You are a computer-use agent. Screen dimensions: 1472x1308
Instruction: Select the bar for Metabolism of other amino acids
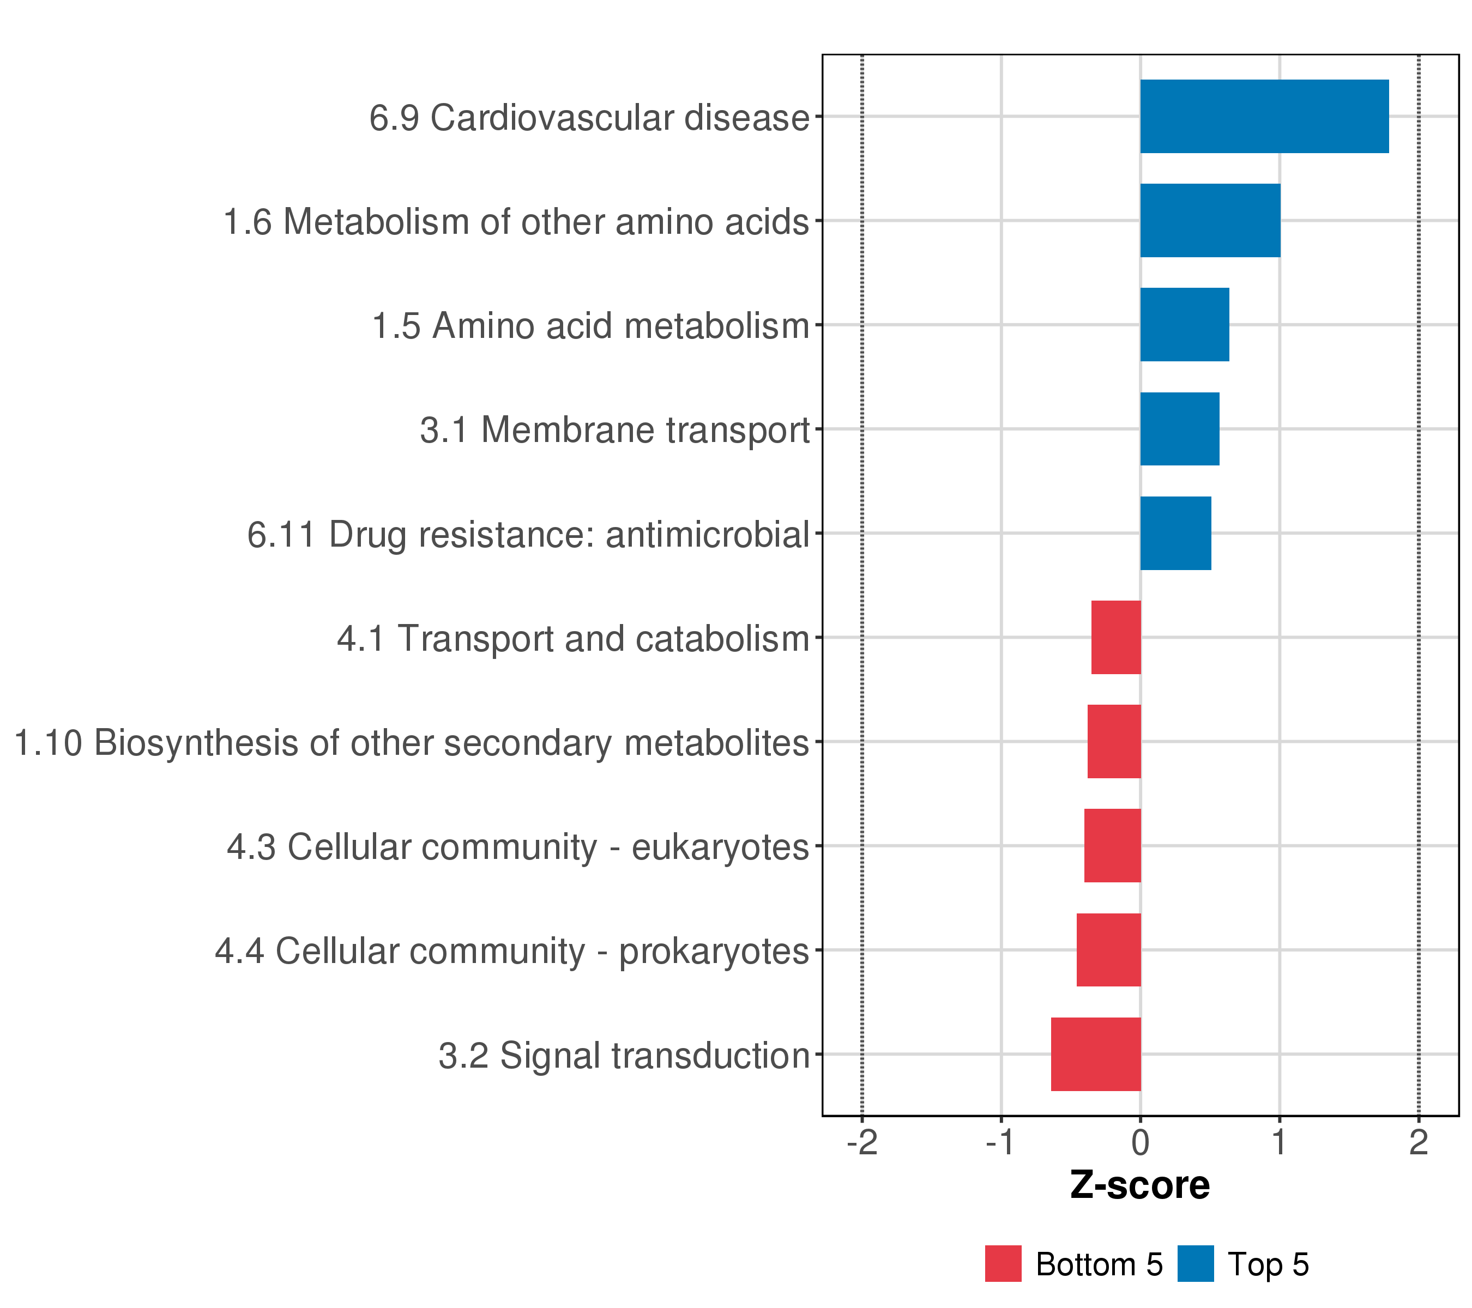1210,220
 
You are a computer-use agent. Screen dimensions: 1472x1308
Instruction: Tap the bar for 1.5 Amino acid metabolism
1184,325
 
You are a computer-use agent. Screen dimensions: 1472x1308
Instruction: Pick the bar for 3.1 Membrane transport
1180,429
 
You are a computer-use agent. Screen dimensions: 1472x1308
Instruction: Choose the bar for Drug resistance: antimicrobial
1175,534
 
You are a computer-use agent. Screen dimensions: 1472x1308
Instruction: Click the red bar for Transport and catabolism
1115,637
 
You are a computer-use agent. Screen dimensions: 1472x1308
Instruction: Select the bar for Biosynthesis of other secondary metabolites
1114,741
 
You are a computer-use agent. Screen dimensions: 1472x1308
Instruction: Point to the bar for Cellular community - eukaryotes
1113,846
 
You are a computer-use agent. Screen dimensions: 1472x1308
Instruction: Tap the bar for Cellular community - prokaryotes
1108,949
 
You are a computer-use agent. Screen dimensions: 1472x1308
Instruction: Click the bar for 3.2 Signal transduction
1096,1054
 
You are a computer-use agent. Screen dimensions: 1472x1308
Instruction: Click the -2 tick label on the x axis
862,1142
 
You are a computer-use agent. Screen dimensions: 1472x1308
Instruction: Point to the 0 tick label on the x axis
1140,1142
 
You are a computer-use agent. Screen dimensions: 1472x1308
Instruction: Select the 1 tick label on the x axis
1279,1142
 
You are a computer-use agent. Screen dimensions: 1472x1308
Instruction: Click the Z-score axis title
1140,1185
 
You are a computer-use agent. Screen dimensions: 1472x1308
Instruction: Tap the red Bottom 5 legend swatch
1003,1264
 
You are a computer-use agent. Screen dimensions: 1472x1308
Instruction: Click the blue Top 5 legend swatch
1196,1264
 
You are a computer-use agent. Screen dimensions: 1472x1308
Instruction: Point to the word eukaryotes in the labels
720,848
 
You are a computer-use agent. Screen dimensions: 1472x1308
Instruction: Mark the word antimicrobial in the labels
708,535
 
